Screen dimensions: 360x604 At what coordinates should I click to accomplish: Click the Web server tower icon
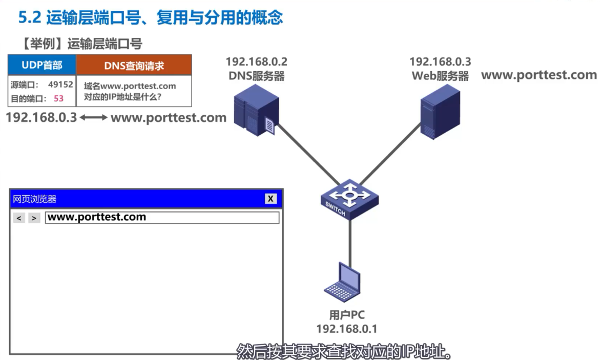click(x=440, y=111)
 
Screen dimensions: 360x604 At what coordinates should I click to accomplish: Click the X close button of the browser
click(x=271, y=199)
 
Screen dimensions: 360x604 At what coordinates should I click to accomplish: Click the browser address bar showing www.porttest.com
click(x=162, y=218)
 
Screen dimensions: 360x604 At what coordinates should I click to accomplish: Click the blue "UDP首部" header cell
click(x=42, y=65)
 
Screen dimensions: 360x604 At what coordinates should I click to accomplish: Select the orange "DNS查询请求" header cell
click(x=134, y=66)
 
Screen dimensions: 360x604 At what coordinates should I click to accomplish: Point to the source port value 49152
click(x=60, y=84)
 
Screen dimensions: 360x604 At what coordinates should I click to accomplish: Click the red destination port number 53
click(x=58, y=98)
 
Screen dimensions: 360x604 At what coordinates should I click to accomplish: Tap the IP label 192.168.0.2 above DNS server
click(x=257, y=62)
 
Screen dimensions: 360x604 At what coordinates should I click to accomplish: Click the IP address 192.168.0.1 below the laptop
click(x=346, y=329)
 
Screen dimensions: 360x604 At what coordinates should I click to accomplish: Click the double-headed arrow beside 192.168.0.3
click(x=94, y=118)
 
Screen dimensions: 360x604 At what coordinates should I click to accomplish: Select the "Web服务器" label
click(x=440, y=76)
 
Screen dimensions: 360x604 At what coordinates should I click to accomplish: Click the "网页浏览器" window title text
click(x=34, y=199)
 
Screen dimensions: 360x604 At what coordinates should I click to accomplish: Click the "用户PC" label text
click(x=346, y=315)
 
